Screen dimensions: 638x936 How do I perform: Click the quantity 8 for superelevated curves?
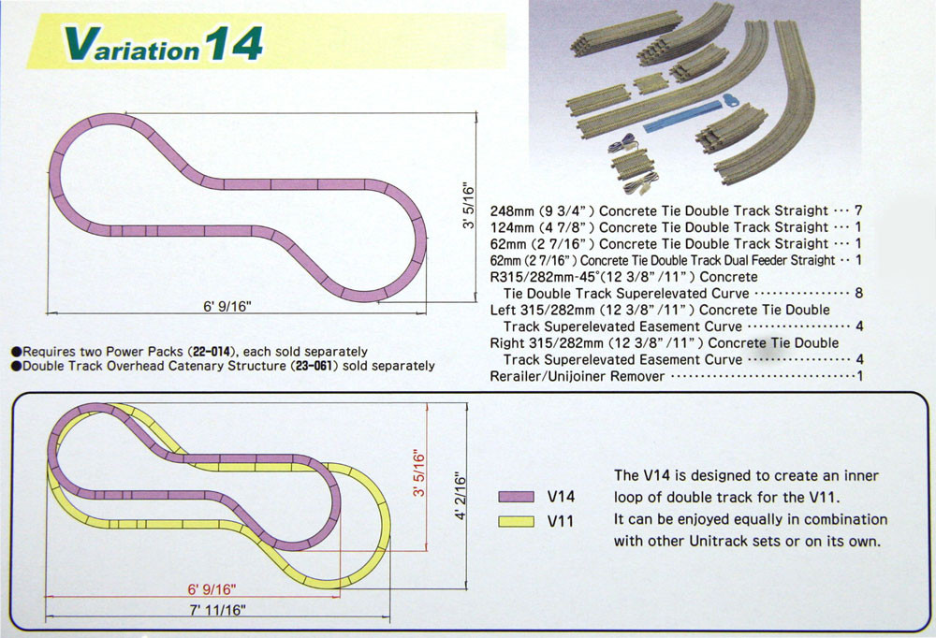point(857,293)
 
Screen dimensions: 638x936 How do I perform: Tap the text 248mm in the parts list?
point(512,210)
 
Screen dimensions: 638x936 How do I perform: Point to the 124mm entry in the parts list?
point(512,227)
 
